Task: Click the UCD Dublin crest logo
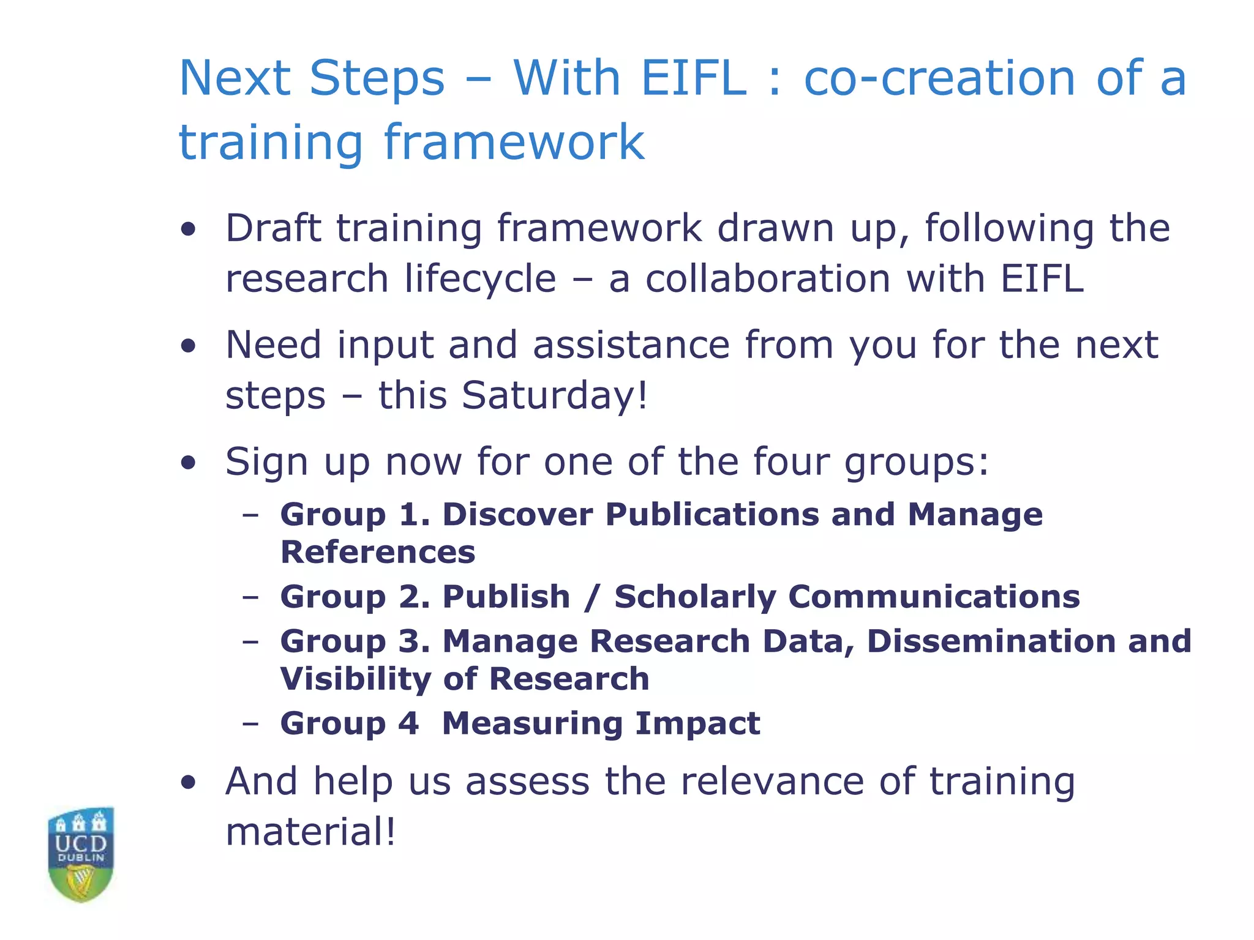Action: point(81,854)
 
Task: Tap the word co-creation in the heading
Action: point(939,78)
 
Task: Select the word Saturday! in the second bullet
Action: point(554,395)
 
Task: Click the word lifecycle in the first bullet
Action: point(480,279)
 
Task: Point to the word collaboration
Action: point(768,279)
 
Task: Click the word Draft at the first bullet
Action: point(273,228)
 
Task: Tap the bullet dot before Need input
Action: point(189,346)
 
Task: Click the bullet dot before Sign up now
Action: point(189,463)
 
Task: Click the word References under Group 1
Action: point(378,552)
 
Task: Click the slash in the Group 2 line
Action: point(591,597)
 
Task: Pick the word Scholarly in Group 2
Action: point(695,597)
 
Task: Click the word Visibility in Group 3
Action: point(355,679)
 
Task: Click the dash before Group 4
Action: point(250,724)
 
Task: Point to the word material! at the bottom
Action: point(310,832)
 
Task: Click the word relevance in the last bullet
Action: point(772,781)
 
